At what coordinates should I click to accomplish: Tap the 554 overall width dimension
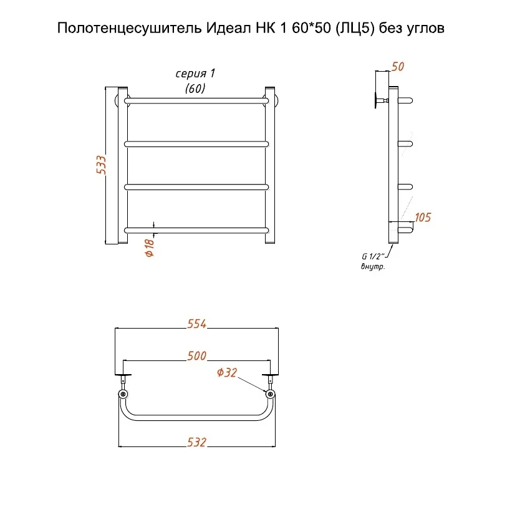(x=196, y=324)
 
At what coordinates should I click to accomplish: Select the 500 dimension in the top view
(x=196, y=356)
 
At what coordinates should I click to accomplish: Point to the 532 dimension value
(x=196, y=442)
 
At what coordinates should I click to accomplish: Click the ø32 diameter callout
(x=227, y=373)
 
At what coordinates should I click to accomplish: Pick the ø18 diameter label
(x=150, y=248)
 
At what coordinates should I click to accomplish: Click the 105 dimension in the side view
(x=422, y=218)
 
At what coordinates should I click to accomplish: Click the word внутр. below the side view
(x=373, y=267)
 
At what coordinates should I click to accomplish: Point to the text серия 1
(x=195, y=74)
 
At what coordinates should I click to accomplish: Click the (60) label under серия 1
(x=195, y=88)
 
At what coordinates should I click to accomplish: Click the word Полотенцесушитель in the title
(x=129, y=29)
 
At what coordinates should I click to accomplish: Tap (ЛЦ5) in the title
(x=355, y=29)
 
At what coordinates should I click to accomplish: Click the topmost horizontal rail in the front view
(x=196, y=100)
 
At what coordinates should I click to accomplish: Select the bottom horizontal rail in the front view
(x=196, y=230)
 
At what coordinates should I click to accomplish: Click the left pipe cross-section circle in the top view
(x=123, y=394)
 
